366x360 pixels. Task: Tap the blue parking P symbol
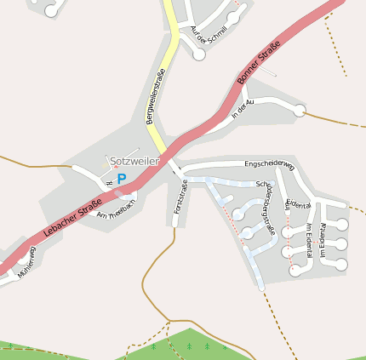click(x=122, y=179)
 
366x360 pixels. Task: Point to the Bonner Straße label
click(x=259, y=66)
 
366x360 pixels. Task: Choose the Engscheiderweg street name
click(x=269, y=164)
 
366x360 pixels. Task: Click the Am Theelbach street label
click(x=117, y=209)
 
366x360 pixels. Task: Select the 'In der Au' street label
click(x=243, y=110)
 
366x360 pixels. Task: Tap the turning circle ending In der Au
click(x=299, y=110)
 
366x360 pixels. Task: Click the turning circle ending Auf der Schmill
click(x=199, y=54)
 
